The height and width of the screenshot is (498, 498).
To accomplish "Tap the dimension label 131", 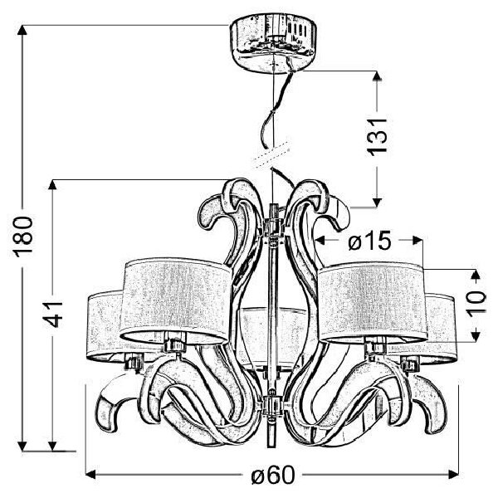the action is tap(377, 138).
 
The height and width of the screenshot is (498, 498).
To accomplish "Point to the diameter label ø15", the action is tap(369, 241).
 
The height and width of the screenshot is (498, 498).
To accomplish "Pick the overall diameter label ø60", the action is tap(273, 476).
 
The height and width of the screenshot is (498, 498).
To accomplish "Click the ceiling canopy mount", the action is tap(274, 44).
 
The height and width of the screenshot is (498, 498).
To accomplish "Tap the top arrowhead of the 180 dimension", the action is tap(22, 30).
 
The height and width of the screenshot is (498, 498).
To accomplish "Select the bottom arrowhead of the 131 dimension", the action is tap(377, 202).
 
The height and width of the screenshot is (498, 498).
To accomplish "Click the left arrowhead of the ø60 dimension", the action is tap(90, 475).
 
